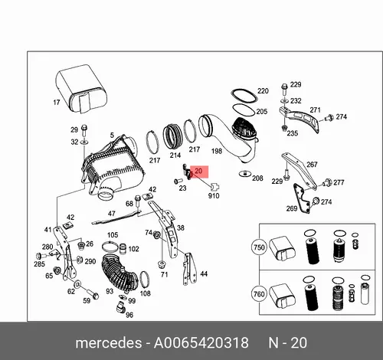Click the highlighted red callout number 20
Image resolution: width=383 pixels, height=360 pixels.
pos(198,171)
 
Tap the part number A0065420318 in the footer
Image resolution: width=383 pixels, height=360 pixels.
pos(201,342)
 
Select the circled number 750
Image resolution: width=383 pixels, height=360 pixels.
pos(259,247)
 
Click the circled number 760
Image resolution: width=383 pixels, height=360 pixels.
pos(259,294)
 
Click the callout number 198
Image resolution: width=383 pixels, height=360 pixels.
pos(217,151)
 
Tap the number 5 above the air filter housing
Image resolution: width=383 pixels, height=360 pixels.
pos(112,135)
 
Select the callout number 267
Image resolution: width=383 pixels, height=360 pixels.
pos(312,165)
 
